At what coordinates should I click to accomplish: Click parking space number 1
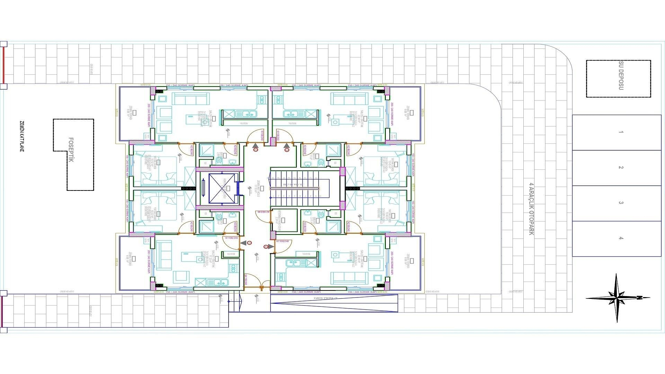(x=621, y=132)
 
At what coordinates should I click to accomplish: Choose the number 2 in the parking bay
(x=621, y=168)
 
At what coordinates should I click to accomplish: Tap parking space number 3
(x=621, y=203)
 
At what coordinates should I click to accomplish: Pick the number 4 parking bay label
(x=621, y=238)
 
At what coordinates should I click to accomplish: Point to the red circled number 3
(x=249, y=243)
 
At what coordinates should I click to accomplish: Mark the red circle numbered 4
(x=266, y=247)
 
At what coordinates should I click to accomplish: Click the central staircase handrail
(x=294, y=188)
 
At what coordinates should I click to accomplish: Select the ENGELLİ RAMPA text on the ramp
(x=320, y=298)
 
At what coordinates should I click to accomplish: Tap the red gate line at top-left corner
(x=4, y=64)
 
